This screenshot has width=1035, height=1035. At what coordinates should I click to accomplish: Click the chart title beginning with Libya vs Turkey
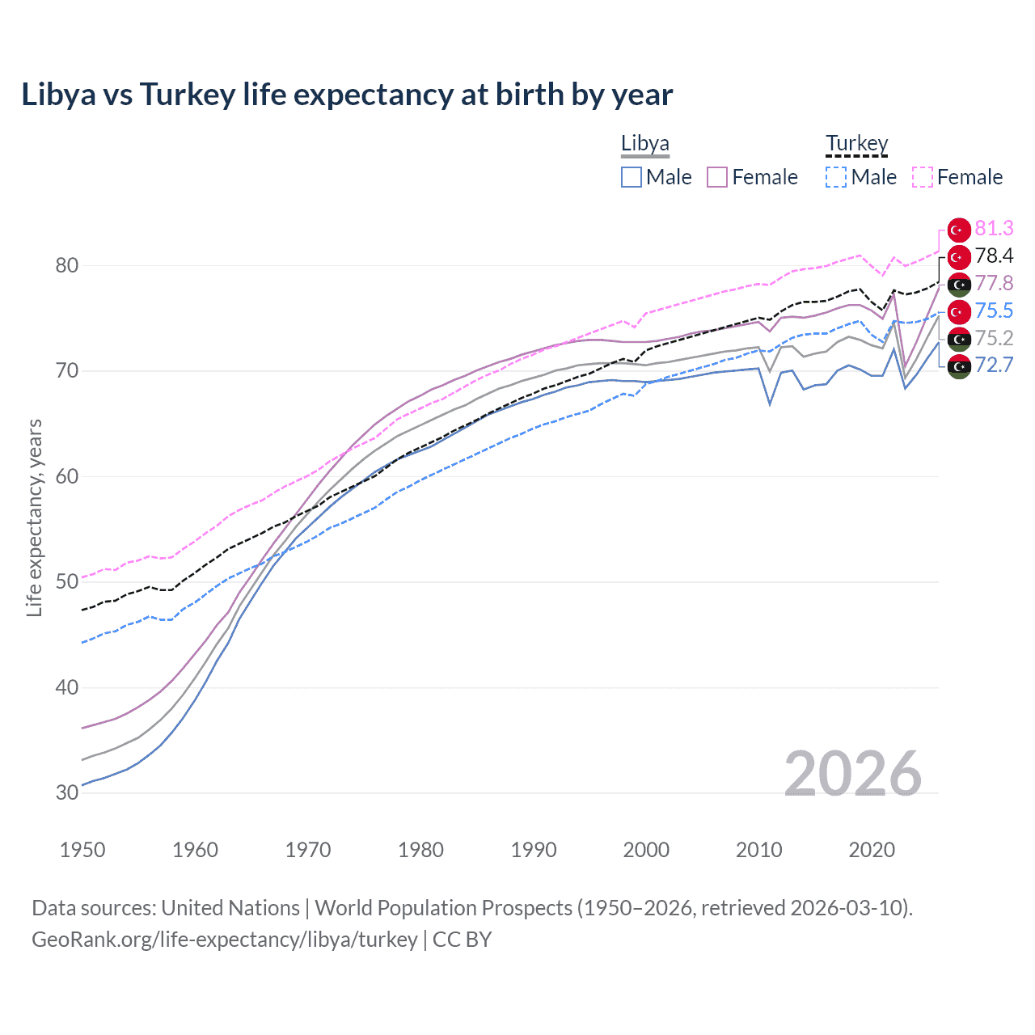click(347, 95)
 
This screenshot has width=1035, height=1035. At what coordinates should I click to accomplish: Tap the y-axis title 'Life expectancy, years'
click(34, 517)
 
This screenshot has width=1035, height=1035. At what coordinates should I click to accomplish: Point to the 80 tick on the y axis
click(67, 265)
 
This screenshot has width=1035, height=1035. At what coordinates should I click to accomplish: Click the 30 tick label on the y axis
click(67, 792)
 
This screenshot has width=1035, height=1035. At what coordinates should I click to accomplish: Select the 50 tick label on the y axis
click(67, 581)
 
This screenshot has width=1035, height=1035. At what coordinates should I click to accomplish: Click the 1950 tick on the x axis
click(82, 850)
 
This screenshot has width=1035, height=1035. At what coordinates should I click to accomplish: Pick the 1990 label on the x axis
click(534, 850)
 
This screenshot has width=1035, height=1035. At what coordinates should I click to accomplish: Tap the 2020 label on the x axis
click(872, 850)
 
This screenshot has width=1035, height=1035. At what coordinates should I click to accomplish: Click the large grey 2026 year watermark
click(853, 774)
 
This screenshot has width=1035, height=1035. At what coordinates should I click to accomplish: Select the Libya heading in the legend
click(644, 143)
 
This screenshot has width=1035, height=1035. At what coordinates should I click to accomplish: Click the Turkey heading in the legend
click(856, 143)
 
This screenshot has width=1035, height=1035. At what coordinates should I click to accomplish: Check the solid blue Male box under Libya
click(632, 177)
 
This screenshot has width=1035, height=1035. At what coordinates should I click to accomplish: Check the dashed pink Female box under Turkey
click(923, 177)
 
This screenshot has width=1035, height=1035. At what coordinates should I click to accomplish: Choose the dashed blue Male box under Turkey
click(836, 177)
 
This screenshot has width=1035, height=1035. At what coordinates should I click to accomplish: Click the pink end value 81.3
click(994, 229)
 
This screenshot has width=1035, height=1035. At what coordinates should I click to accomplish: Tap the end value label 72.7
click(994, 365)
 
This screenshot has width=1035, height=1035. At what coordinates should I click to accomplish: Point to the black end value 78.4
click(994, 256)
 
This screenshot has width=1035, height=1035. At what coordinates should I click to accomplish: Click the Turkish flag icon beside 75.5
click(959, 311)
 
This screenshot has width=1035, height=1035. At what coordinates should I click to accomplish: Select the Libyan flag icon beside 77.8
click(959, 284)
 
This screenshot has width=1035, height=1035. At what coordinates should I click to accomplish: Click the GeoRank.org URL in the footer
click(225, 940)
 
